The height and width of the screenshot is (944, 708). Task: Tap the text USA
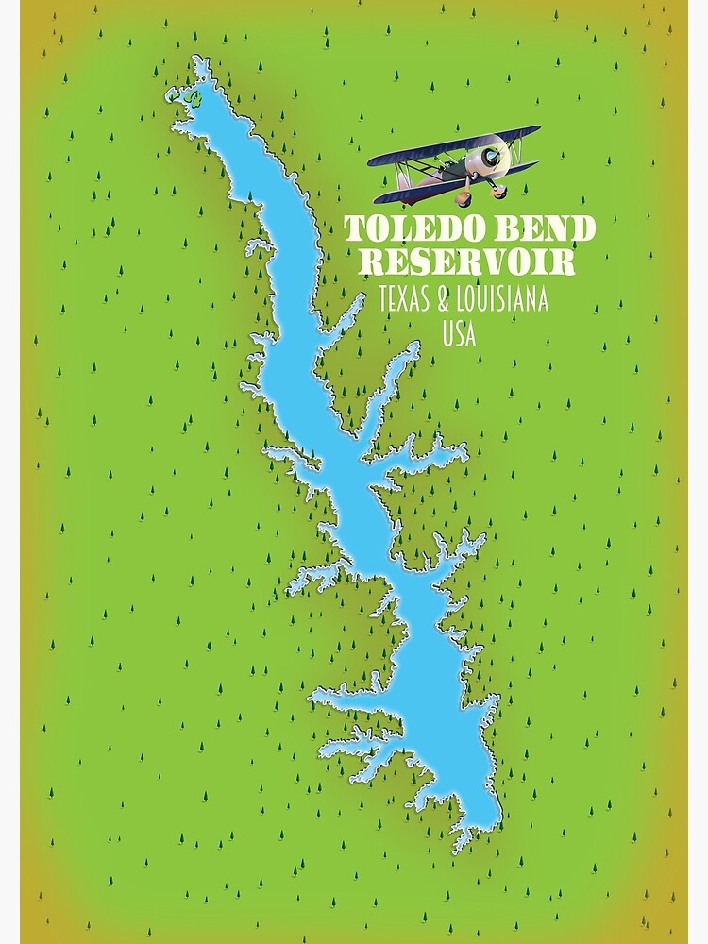click(x=459, y=333)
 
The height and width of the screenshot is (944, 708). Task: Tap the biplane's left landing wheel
click(x=464, y=199)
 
